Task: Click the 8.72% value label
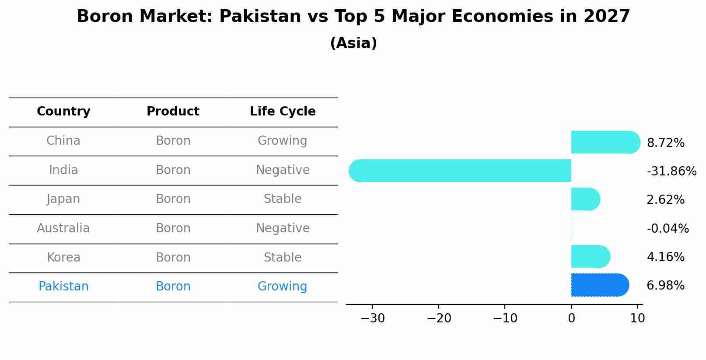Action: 665,143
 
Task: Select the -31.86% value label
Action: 671,171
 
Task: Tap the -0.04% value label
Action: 668,228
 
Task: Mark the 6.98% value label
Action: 665,286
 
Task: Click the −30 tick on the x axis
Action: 373,318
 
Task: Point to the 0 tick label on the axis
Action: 571,318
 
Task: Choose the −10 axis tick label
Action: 505,318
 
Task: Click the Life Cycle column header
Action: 283,112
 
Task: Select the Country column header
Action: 63,112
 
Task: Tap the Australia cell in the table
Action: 63,228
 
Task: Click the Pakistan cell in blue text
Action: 63,287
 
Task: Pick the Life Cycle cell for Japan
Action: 283,199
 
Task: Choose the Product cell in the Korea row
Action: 173,257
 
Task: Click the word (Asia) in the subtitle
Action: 353,43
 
